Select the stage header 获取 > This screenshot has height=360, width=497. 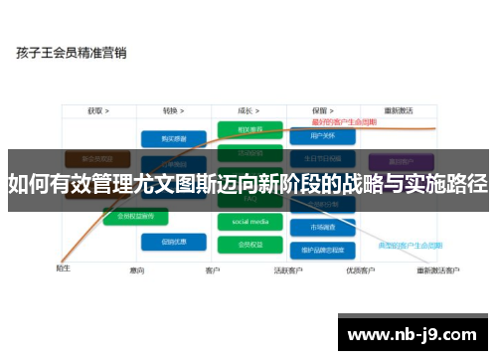coord(97,111)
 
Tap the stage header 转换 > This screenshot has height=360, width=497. coord(174,111)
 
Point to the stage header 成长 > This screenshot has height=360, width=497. coord(249,111)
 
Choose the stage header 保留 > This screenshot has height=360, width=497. coord(322,111)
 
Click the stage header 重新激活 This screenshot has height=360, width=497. coord(400,111)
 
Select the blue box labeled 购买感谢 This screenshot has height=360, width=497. coord(166,139)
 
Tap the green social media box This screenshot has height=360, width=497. coord(250,222)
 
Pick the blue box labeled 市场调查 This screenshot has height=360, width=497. coord(325,228)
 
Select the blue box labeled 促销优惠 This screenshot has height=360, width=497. coord(166,241)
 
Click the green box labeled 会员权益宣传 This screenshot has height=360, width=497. coord(136,216)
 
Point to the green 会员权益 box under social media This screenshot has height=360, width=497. coord(250,244)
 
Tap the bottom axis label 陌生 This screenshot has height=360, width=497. coord(63,268)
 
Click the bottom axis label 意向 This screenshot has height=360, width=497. coord(137,270)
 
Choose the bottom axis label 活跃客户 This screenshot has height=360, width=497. coord(286,270)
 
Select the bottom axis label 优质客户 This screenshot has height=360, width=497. coord(359,270)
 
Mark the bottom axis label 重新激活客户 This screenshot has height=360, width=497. coord(437,270)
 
